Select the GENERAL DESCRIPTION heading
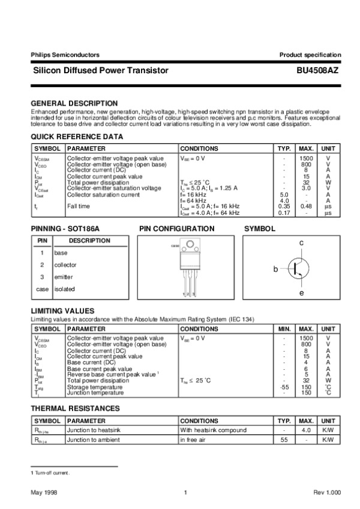[x=74, y=103]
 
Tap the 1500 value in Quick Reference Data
[x=307, y=158]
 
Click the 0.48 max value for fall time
[x=307, y=206]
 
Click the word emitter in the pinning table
[x=64, y=277]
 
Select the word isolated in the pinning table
[x=65, y=289]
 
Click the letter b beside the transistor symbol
[x=276, y=270]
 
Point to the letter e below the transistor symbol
[x=302, y=292]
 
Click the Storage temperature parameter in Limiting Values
[x=93, y=387]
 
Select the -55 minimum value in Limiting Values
[x=285, y=387]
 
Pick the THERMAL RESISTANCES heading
[x=75, y=409]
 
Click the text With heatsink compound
[x=214, y=430]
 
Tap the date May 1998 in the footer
[x=44, y=492]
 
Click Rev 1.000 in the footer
[x=327, y=492]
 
